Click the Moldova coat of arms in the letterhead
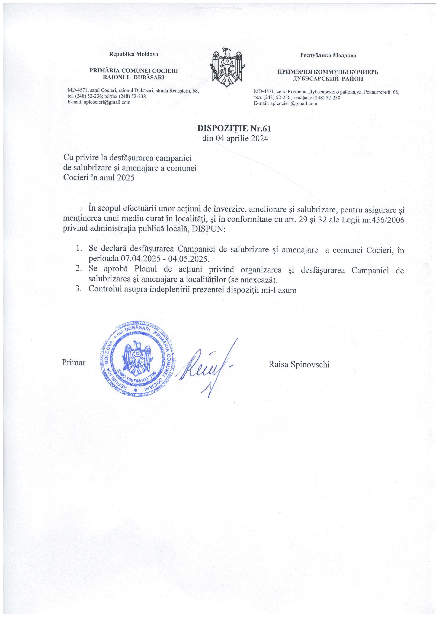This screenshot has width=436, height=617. (227, 65)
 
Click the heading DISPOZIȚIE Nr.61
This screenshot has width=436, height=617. (234, 128)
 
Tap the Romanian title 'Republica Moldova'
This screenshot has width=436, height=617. (133, 54)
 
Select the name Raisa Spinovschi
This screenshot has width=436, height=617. (299, 364)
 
